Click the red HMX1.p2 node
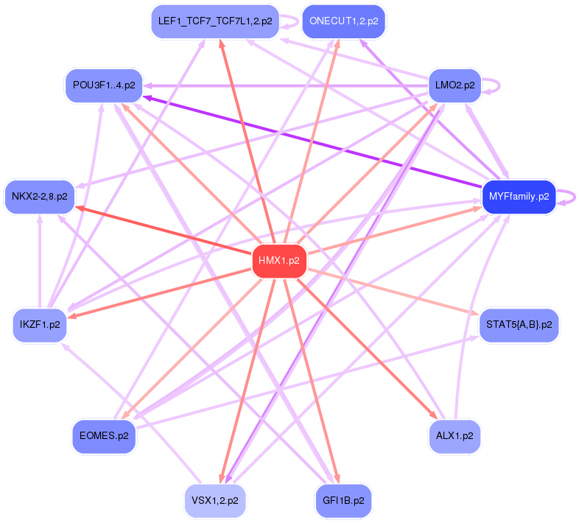(x=279, y=261)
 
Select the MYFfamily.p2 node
(x=519, y=197)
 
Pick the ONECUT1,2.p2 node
(x=344, y=21)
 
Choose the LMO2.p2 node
(x=455, y=85)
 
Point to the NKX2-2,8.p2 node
(x=40, y=197)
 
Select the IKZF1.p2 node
(x=40, y=324)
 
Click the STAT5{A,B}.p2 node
(x=519, y=324)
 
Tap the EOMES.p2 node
(x=103, y=435)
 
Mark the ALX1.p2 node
(x=455, y=435)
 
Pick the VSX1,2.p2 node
(x=214, y=500)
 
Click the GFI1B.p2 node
(x=343, y=500)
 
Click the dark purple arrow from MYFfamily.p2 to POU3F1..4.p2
(x=309, y=140)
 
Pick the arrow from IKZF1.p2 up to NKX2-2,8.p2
(x=40, y=261)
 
